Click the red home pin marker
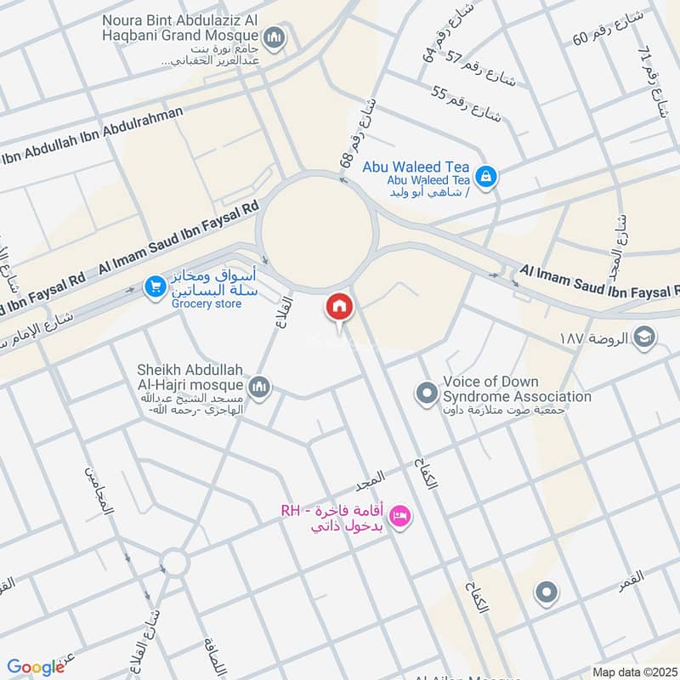pos(338,306)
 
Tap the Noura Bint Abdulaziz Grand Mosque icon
pos(274,37)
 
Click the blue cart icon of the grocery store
pos(154,287)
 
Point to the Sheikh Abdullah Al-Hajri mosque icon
pos(260,388)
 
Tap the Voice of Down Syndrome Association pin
pos(425,394)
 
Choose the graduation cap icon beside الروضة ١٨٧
pos(644,337)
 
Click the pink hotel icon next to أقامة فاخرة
pos(401,514)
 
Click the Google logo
pos(36,667)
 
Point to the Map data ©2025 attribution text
pos(634,671)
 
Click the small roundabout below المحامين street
pos(174,562)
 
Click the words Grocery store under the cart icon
pos(205,303)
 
